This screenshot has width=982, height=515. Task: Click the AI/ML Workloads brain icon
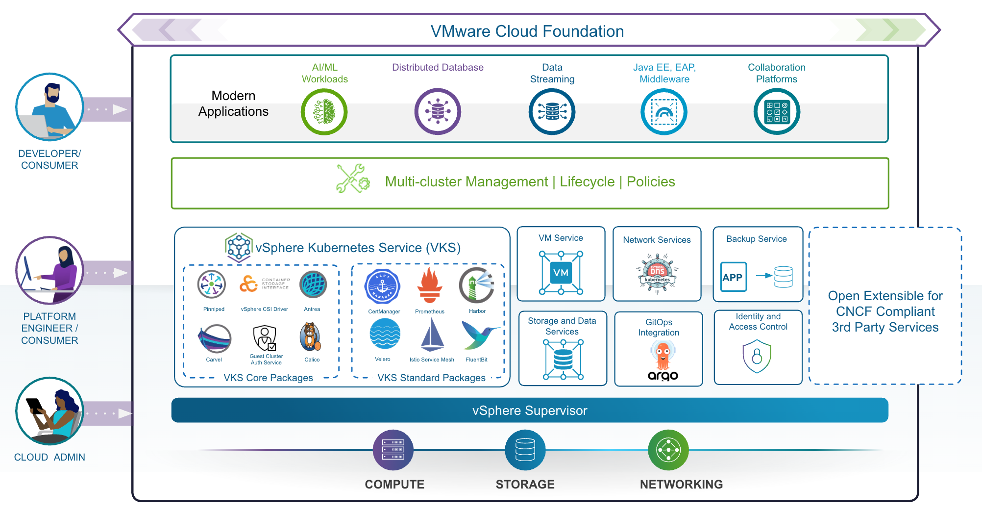tap(324, 112)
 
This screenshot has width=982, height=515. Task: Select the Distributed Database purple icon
tap(438, 112)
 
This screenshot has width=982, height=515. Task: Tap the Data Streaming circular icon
tap(552, 112)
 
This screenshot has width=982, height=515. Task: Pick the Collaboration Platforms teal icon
tap(777, 112)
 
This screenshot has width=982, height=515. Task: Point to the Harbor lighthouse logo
tap(476, 285)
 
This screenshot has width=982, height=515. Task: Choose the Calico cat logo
tap(311, 337)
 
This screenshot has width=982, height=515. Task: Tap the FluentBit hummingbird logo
tap(479, 335)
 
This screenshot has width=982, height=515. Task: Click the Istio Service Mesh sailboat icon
tap(432, 335)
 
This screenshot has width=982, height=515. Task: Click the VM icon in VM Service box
tap(561, 273)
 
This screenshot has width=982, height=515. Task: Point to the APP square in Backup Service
tap(733, 277)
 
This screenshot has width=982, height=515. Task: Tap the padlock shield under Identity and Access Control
tap(757, 357)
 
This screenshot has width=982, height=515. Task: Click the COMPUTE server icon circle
tap(393, 450)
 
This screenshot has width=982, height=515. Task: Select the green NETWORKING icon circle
tap(668, 450)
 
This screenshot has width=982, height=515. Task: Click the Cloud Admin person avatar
tap(49, 411)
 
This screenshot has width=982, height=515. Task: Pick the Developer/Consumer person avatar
tap(49, 107)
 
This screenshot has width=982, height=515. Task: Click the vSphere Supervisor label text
tap(530, 411)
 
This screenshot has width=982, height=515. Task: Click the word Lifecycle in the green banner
tap(587, 182)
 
